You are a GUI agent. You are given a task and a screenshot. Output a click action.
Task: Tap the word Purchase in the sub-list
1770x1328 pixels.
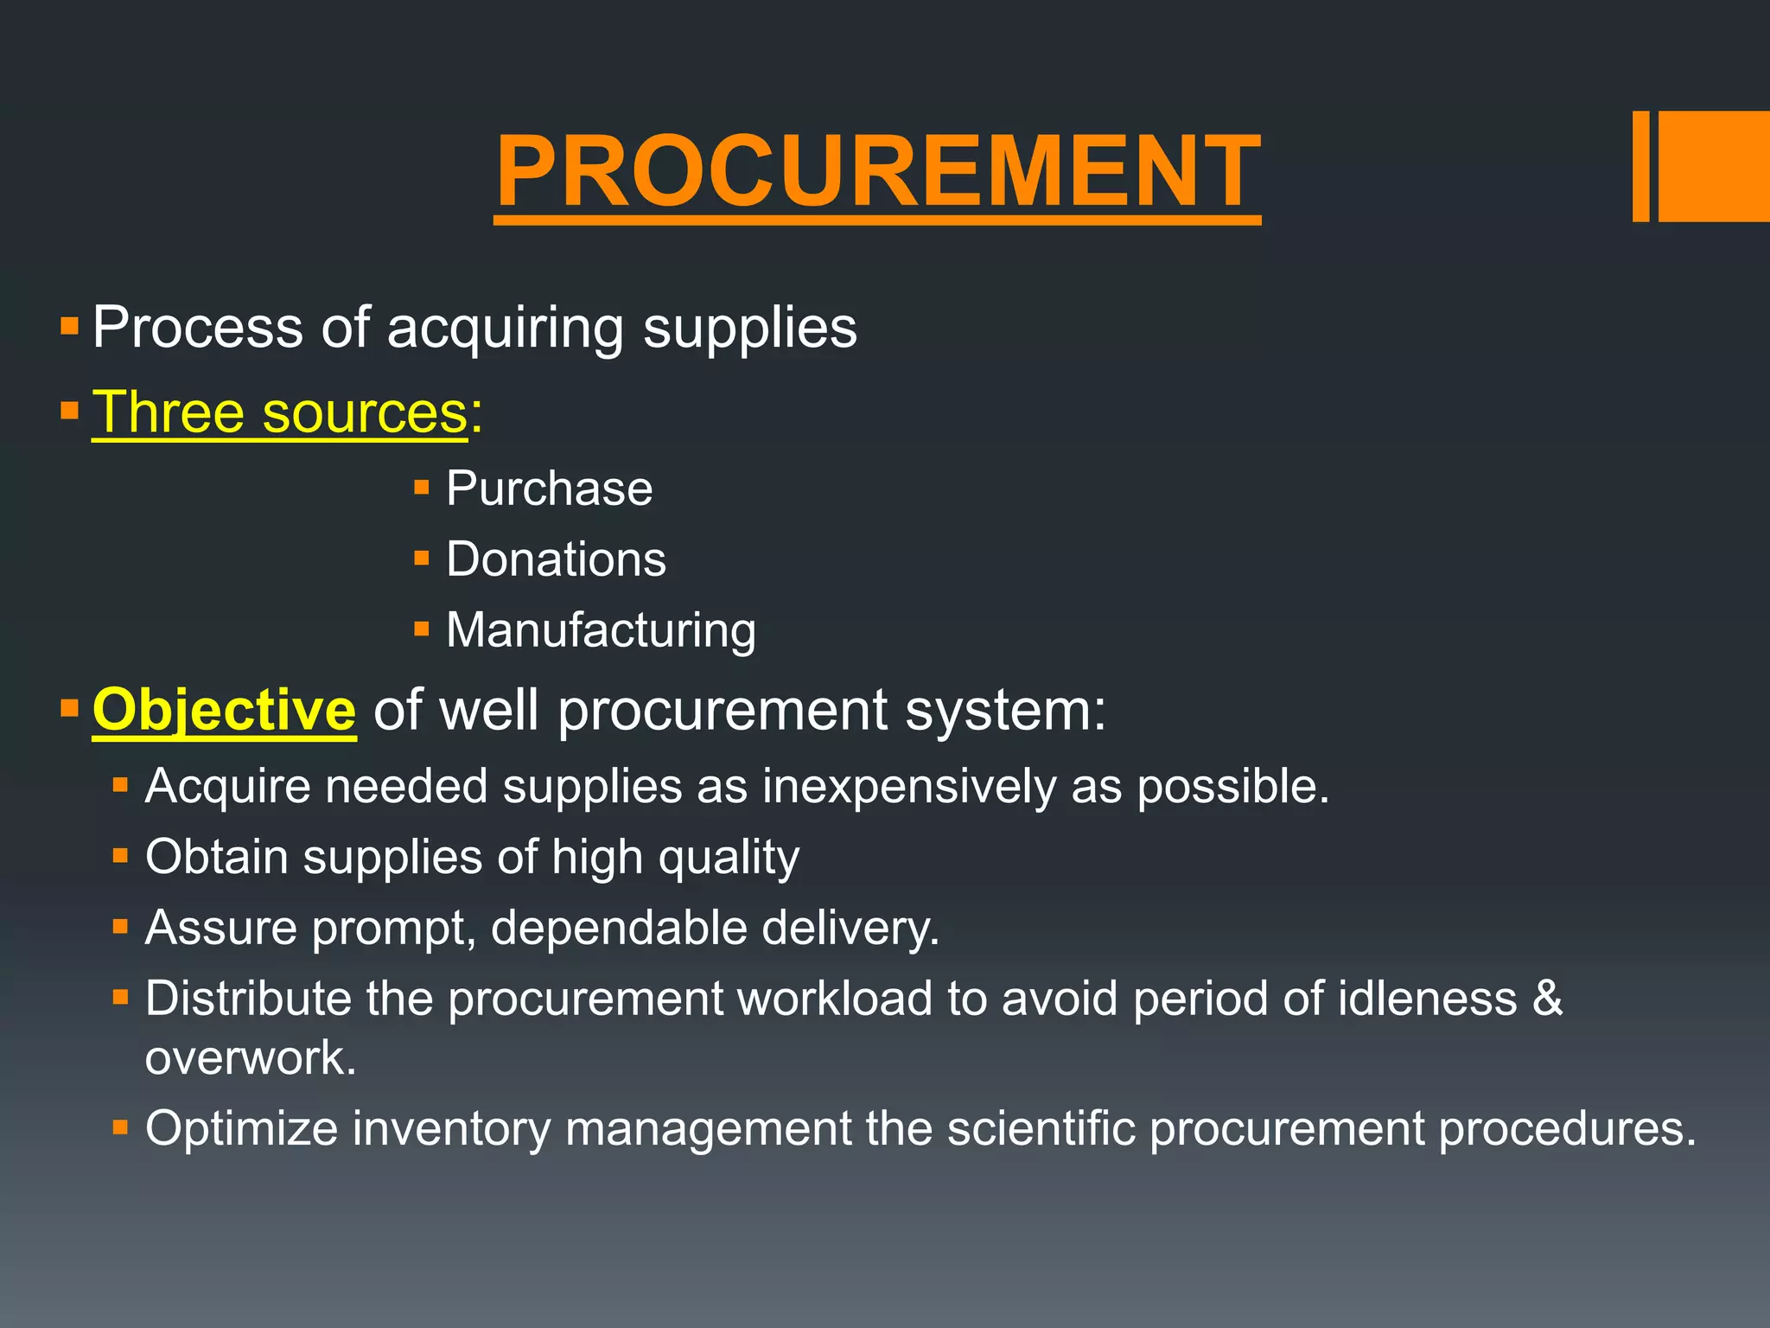tap(549, 488)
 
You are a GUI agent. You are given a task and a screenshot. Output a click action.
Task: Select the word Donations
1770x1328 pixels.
tap(556, 559)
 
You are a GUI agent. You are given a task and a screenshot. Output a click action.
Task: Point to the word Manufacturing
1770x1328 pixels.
tap(601, 630)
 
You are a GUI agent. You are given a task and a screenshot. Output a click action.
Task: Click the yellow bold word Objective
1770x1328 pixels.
tap(224, 710)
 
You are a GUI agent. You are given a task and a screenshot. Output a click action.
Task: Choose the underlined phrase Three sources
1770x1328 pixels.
tap(279, 412)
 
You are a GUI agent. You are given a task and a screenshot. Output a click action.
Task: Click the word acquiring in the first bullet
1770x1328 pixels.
tap(505, 329)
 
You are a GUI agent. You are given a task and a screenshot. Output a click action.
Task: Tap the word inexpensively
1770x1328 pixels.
tap(909, 787)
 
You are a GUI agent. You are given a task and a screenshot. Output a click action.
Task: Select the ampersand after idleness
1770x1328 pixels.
tap(1548, 999)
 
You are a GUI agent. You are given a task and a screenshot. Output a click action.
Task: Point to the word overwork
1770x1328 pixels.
tap(250, 1057)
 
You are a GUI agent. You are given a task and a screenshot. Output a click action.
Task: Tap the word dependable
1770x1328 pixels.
tap(619, 928)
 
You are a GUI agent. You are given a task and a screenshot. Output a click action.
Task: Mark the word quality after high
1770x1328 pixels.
tap(729, 859)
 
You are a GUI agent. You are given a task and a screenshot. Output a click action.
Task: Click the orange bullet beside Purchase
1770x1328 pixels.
tap(422, 488)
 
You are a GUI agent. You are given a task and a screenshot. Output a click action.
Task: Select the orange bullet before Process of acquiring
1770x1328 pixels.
tap(70, 328)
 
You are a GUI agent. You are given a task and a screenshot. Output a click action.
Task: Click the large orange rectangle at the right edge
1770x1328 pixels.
tap(1713, 166)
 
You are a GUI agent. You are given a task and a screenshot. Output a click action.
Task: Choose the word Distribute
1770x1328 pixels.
tap(248, 999)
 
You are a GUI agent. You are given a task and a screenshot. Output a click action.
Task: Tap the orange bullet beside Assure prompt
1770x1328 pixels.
tap(120, 928)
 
